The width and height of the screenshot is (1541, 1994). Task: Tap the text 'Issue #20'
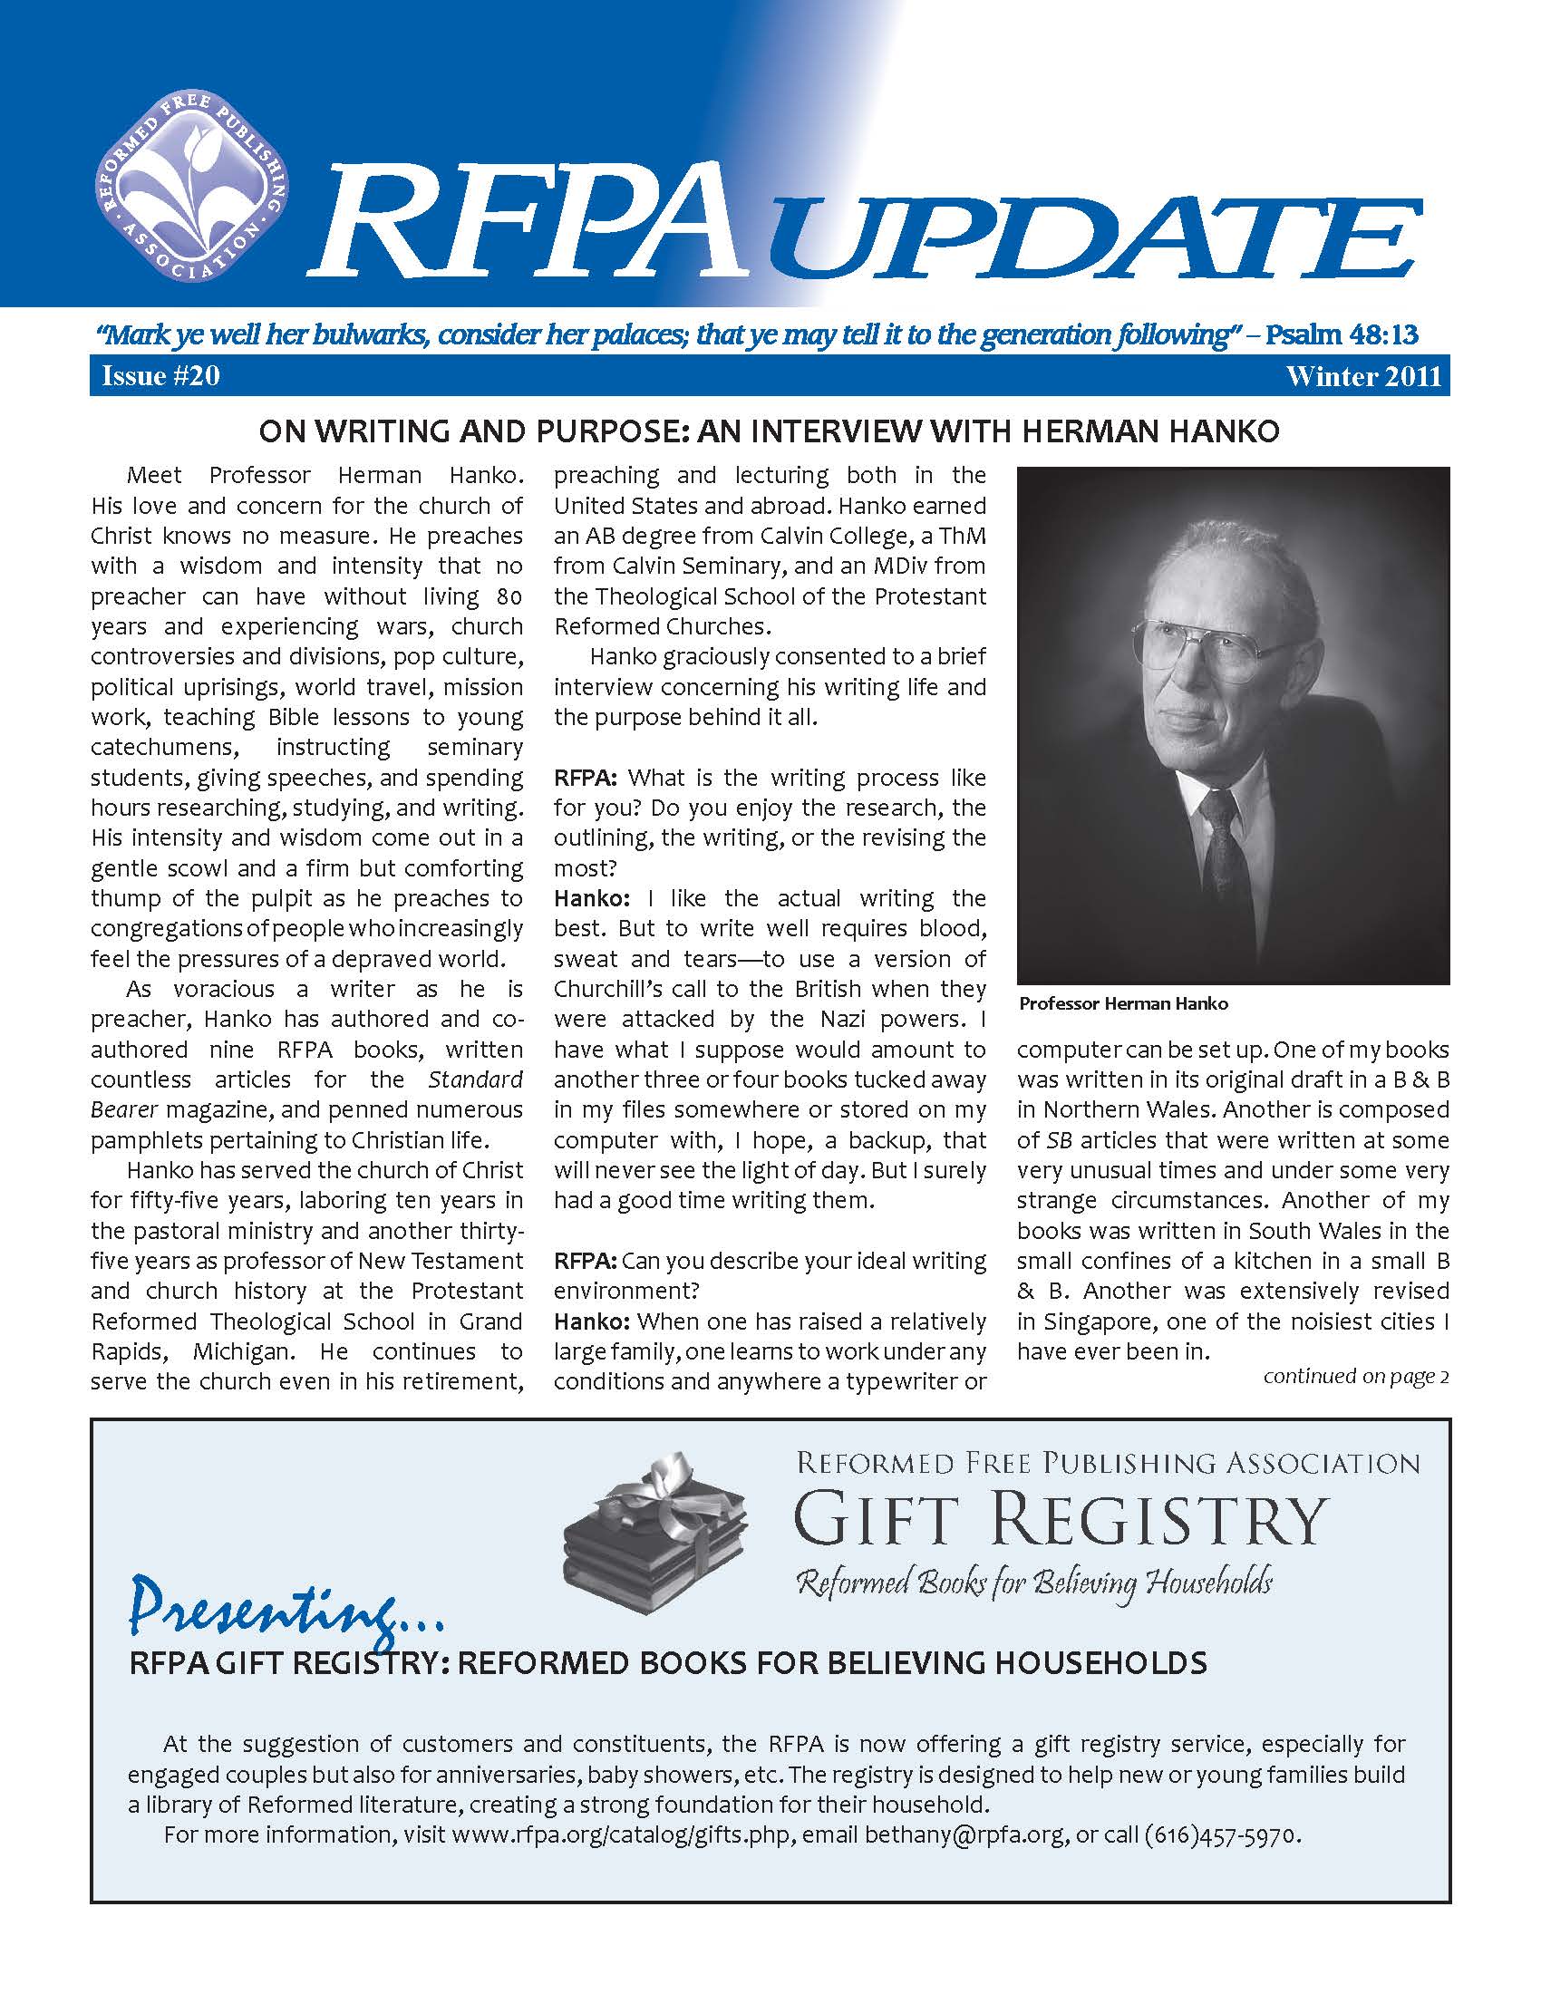tap(160, 377)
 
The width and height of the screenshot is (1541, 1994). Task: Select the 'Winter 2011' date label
tap(1363, 377)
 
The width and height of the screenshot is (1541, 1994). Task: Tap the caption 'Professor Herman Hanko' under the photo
tap(1123, 1004)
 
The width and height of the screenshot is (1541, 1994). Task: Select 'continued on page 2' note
tap(1356, 1376)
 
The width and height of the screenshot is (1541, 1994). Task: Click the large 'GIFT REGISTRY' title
tap(1059, 1519)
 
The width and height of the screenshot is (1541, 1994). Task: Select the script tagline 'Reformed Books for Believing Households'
tap(1034, 1583)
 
